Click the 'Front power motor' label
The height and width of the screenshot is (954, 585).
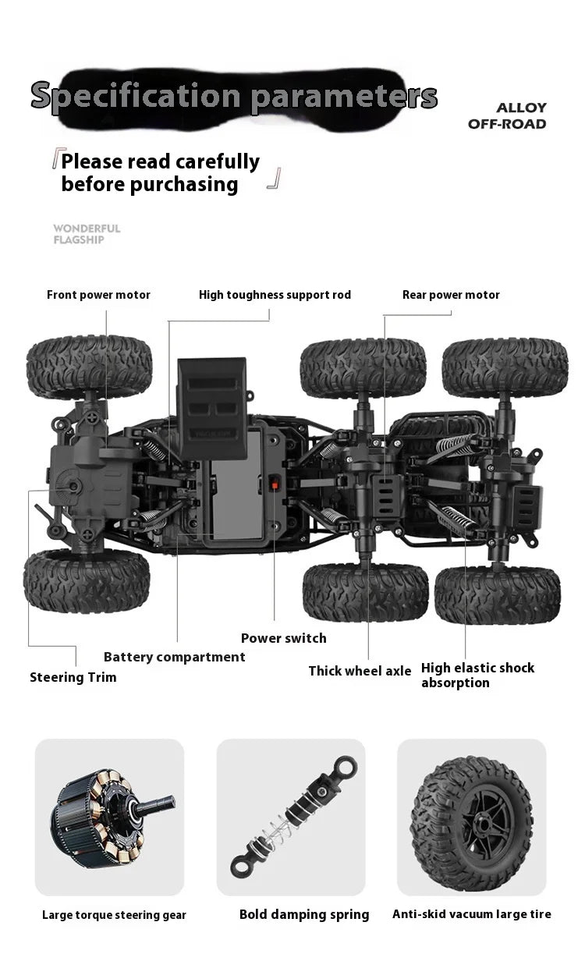[98, 295]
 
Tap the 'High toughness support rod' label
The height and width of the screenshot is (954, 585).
[275, 295]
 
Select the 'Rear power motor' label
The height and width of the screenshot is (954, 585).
[451, 295]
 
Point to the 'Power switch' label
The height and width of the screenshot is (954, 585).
[284, 638]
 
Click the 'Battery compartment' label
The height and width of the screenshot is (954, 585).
[174, 657]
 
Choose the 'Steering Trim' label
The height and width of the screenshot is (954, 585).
[73, 677]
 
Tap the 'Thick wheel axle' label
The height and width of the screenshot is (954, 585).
[360, 671]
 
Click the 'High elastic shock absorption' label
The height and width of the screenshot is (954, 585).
[477, 675]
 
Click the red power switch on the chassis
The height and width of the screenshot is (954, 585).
[275, 484]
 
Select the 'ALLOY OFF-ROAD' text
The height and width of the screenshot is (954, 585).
[507, 116]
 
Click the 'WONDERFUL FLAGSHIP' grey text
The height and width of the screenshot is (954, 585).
[87, 234]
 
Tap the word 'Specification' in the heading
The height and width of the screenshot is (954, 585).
[136, 96]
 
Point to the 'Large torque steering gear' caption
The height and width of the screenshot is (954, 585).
[114, 915]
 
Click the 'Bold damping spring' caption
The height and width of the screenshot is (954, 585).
[304, 914]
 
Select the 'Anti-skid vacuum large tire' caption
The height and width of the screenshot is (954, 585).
[472, 914]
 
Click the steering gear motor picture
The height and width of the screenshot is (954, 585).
[112, 818]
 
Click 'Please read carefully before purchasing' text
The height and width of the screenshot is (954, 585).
[161, 172]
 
